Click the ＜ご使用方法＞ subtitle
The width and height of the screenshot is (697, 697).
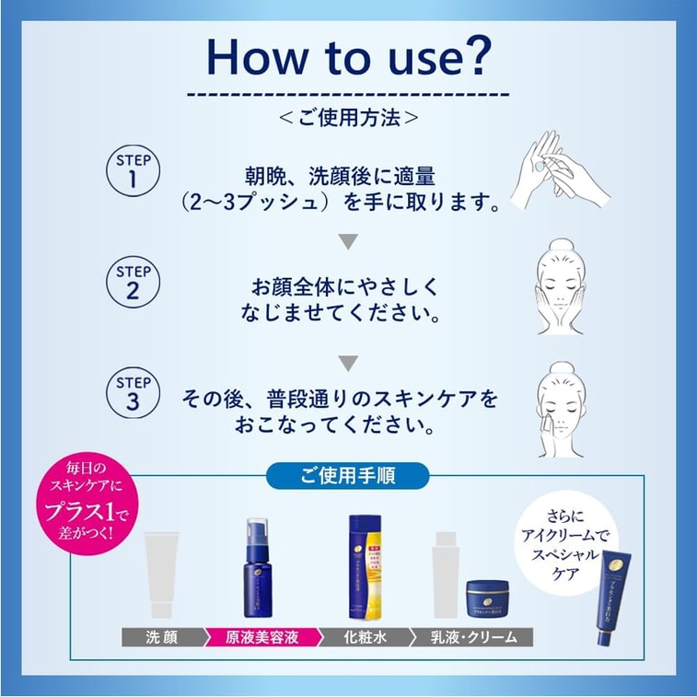tap(348, 118)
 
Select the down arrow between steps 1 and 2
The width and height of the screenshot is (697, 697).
tap(347, 242)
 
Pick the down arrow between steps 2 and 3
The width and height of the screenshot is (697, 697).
tap(347, 362)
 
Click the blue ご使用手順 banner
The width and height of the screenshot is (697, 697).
tap(348, 475)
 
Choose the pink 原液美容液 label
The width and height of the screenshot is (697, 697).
tap(261, 636)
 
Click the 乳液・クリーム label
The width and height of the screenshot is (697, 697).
tap(475, 636)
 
